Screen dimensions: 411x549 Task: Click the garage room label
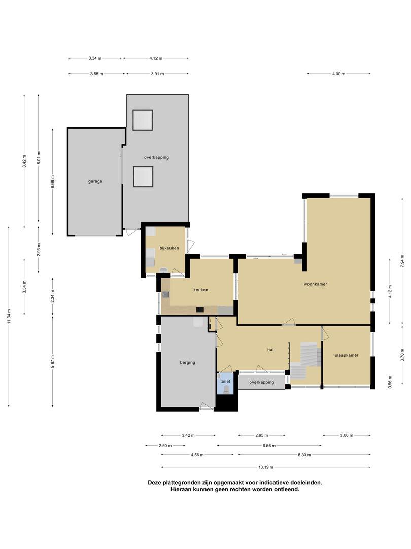pos(95,181)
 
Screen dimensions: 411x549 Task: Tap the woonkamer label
pos(315,284)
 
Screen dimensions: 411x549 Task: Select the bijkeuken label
pos(169,248)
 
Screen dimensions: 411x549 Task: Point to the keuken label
pos(200,290)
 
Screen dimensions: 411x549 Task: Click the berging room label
pos(188,363)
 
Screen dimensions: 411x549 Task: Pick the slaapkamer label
pos(347,355)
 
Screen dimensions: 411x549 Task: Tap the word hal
pos(270,349)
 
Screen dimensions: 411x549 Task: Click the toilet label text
pos(225,381)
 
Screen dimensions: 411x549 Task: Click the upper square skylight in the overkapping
pos(143,120)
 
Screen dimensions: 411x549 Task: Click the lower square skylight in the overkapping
pos(143,176)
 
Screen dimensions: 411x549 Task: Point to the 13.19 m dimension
pos(266,467)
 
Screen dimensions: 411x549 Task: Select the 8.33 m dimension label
pos(304,455)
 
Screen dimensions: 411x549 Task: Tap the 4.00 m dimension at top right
pos(338,74)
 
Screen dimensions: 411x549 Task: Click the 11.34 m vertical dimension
pos(9,317)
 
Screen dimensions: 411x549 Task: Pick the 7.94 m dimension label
pos(402,261)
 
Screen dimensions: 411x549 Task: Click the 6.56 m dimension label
pos(269,446)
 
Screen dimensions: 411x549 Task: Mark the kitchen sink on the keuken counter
pos(165,294)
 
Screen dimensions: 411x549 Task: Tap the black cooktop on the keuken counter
pos(200,310)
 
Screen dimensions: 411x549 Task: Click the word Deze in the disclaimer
pos(154,482)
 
